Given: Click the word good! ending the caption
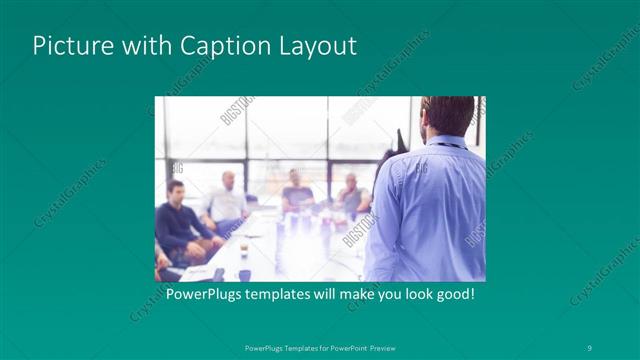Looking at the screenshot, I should (x=452, y=296).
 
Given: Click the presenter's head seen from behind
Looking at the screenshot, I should (x=447, y=116).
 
